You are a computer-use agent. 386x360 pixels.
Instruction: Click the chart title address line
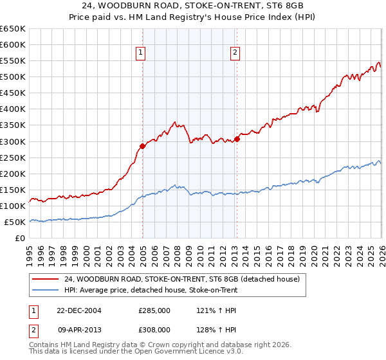pyautogui.click(x=193, y=6)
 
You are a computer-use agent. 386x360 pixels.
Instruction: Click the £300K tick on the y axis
pyautogui.click(x=13, y=141)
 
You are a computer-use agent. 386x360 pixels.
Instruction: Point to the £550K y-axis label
pyautogui.click(x=13, y=61)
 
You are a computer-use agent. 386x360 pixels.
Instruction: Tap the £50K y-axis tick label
pyautogui.click(x=15, y=222)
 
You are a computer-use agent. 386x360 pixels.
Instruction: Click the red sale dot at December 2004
pyautogui.click(x=143, y=146)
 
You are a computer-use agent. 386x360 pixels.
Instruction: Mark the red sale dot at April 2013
pyautogui.click(x=237, y=138)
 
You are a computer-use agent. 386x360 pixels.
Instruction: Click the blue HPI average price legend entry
pyautogui.click(x=151, y=290)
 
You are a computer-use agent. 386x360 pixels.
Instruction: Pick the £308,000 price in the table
pyautogui.click(x=154, y=329)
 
